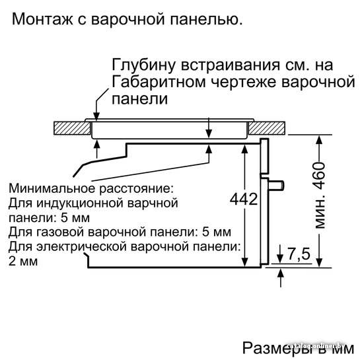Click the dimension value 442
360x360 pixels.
(244, 199)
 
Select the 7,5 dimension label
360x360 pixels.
(299, 254)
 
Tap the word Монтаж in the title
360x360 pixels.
(42, 19)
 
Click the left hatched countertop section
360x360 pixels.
(72, 128)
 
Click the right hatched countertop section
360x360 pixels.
(267, 128)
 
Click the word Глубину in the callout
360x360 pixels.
(144, 65)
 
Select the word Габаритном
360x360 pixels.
(159, 83)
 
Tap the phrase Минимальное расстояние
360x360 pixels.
(90, 188)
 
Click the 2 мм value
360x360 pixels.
(23, 262)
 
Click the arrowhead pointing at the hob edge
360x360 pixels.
(97, 116)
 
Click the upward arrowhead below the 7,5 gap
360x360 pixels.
(281, 273)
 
